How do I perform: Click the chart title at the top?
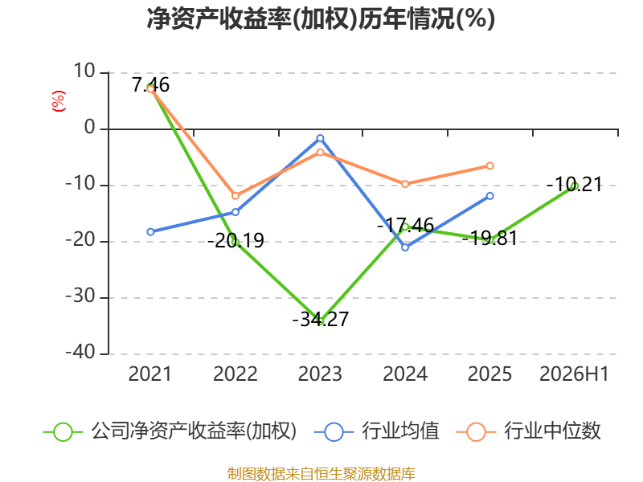[x=321, y=18]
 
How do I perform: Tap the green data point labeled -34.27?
[x=320, y=321]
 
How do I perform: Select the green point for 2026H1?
[x=575, y=186]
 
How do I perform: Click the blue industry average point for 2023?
[x=320, y=138]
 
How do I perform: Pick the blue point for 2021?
[x=150, y=232]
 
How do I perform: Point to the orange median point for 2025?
[x=489, y=166]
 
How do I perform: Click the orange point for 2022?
[x=235, y=196]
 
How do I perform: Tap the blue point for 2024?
[x=405, y=247]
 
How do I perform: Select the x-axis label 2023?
[x=320, y=374]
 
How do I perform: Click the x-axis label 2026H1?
[x=574, y=374]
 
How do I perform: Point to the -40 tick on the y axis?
[x=80, y=352]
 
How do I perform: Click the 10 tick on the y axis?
[x=84, y=71]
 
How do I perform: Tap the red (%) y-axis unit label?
[x=58, y=101]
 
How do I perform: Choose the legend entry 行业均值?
[x=376, y=431]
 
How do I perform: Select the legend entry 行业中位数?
[x=529, y=431]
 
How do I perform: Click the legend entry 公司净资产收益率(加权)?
[x=170, y=431]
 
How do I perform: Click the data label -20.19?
[x=235, y=240]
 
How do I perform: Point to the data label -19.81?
[x=489, y=238]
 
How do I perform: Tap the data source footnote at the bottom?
[x=321, y=474]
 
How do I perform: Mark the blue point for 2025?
[x=489, y=196]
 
